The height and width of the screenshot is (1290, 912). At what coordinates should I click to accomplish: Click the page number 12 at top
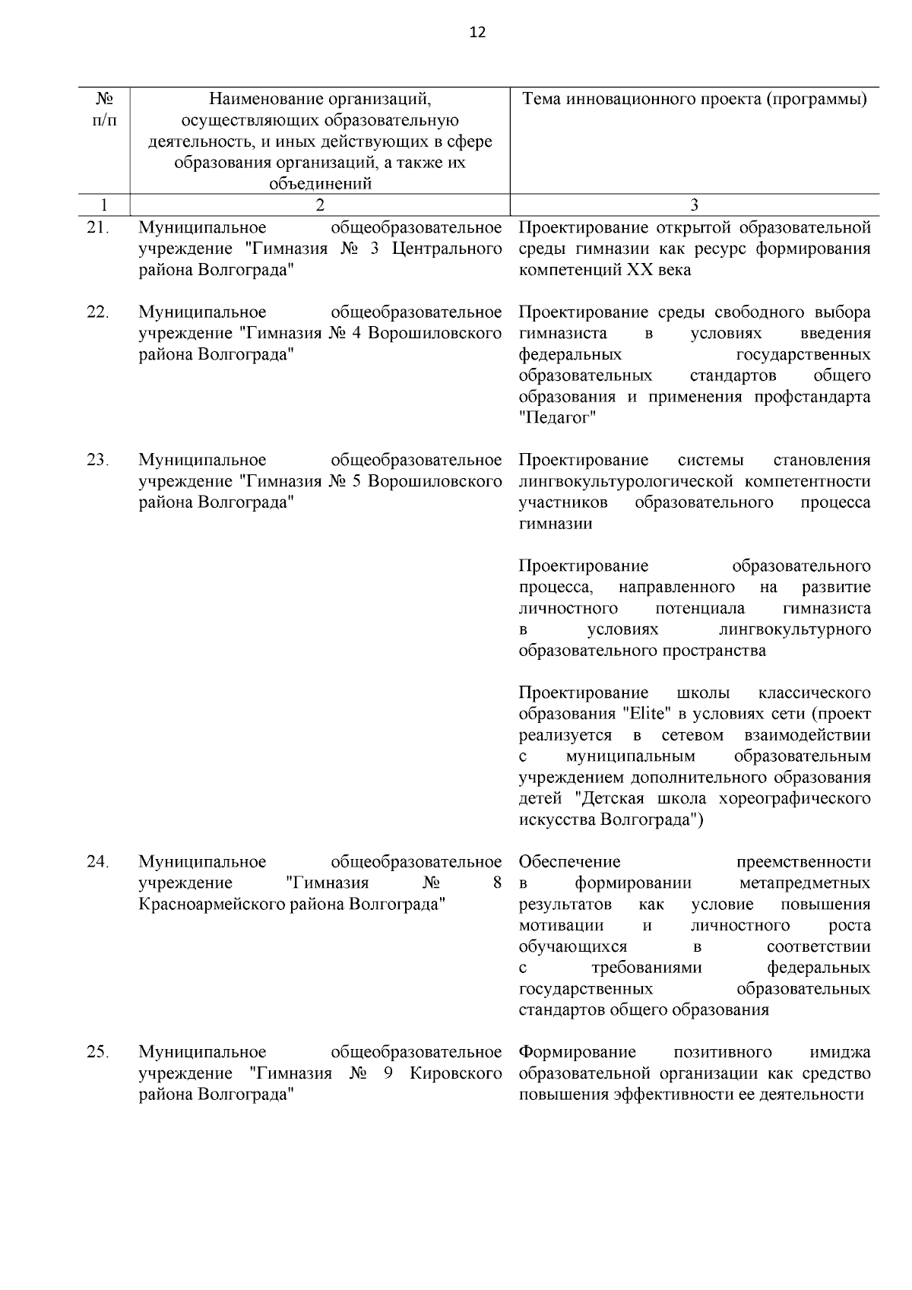(477, 32)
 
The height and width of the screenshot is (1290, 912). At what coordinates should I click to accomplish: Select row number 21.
(98, 227)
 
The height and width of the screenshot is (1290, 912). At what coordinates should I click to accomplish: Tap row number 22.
(98, 312)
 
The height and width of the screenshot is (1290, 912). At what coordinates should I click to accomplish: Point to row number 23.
(98, 460)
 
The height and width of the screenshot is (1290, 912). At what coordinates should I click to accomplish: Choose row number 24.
(98, 862)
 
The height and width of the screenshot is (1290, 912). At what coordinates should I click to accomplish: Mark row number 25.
(98, 1052)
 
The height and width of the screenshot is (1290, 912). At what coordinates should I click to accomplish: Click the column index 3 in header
(694, 204)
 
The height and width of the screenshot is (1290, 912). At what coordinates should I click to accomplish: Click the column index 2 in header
(319, 204)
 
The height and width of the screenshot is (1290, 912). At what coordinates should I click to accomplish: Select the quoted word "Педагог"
(557, 418)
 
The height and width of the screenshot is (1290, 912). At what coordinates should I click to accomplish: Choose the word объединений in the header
(319, 184)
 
